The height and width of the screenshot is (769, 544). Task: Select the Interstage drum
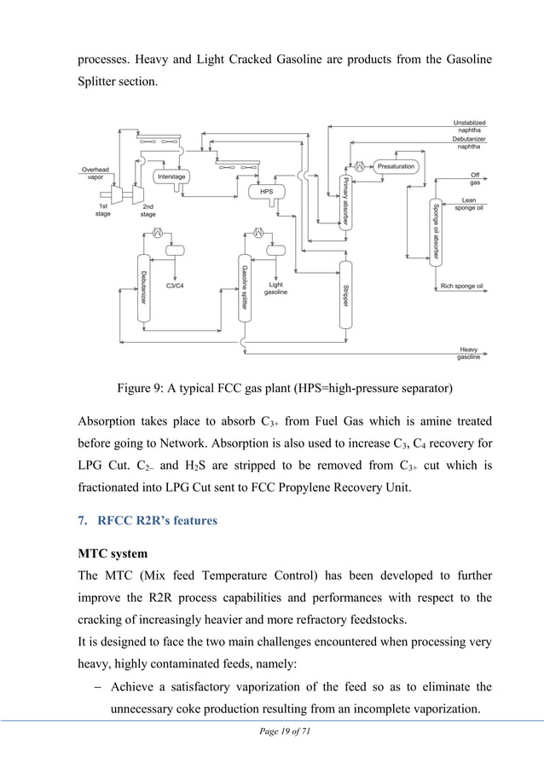click(171, 176)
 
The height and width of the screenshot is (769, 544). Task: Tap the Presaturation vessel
click(395, 167)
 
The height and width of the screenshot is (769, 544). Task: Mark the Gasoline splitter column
click(245, 291)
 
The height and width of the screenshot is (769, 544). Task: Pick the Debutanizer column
click(143, 291)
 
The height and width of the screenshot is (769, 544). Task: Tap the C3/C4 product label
click(175, 286)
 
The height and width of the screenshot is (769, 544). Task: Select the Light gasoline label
click(275, 288)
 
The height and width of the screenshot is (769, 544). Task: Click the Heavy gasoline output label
click(468, 353)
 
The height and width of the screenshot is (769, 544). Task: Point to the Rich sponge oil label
click(461, 286)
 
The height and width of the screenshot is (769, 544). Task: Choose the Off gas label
click(475, 179)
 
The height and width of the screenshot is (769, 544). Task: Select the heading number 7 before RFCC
click(83, 521)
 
